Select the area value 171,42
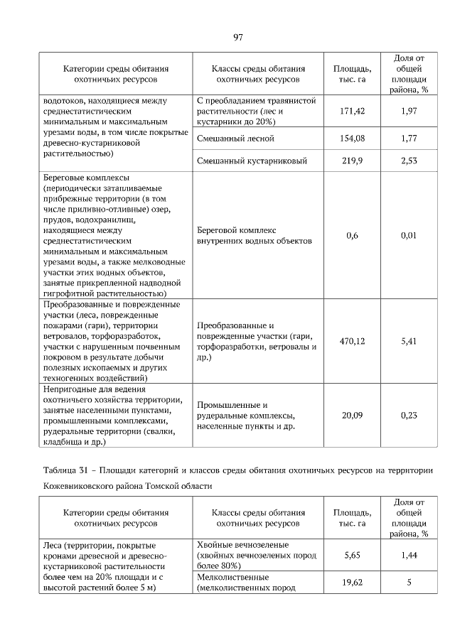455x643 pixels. pos(352,112)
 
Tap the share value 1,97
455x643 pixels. pos(409,112)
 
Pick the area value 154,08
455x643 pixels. pos(352,139)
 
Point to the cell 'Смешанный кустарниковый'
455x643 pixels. pos(252,161)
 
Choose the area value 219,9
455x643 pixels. pos(352,161)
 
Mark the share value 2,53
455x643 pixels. pos(409,161)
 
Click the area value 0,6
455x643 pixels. pos(352,235)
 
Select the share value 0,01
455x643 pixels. pos(409,235)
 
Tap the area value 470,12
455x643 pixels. pos(352,342)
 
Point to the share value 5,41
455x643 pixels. pos(409,342)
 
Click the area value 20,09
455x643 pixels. pos(352,415)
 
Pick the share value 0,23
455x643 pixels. pos(409,415)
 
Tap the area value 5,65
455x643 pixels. pos(352,555)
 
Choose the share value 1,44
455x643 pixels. pos(409,555)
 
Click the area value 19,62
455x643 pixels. pos(352,583)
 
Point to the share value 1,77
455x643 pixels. pos(409,139)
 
